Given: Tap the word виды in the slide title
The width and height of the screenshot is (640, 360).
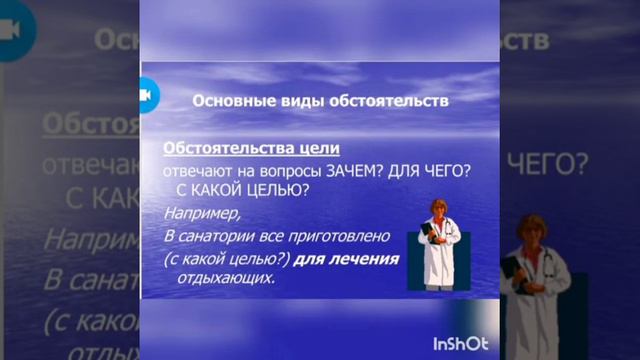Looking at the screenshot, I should pos(297,101).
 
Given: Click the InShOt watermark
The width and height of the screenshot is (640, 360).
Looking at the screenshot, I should pos(460,344).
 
